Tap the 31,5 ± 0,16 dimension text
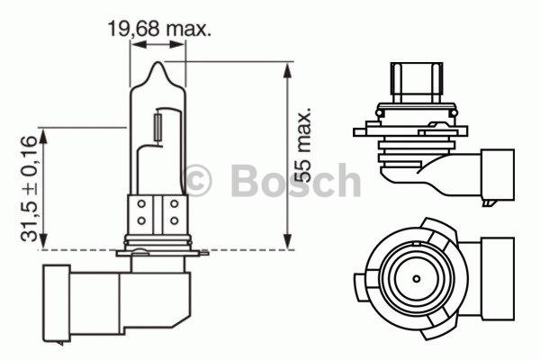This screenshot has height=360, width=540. coord(30,189)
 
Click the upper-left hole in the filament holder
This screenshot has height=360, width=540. coord(142,204)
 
